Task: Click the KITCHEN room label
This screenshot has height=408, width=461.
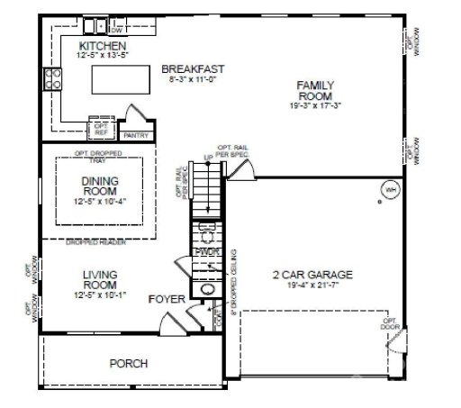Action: (x=101, y=45)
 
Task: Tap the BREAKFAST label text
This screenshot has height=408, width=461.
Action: (x=193, y=68)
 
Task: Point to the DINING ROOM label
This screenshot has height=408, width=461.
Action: (x=100, y=186)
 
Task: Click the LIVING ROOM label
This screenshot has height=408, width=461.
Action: (x=100, y=278)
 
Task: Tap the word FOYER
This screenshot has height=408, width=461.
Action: (x=167, y=298)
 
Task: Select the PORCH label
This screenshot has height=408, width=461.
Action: (x=128, y=364)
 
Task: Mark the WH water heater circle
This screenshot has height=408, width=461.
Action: (x=390, y=191)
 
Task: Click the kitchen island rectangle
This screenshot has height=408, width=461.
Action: (x=116, y=84)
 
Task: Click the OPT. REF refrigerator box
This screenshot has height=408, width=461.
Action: (x=101, y=128)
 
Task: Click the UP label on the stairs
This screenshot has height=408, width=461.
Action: (x=208, y=159)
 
